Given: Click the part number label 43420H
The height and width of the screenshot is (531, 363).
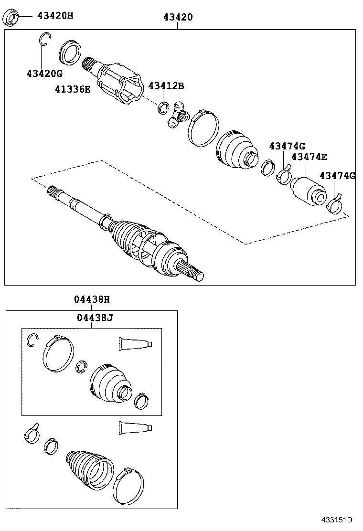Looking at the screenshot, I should (55, 16).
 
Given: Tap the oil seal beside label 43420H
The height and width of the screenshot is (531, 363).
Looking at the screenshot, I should (11, 18).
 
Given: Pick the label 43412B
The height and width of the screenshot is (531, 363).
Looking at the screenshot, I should (166, 85).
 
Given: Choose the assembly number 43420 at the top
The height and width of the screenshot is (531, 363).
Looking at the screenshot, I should (178, 17).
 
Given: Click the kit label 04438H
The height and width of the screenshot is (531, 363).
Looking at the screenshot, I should (92, 299).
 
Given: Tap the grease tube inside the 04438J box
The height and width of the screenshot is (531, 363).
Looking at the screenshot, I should (135, 344).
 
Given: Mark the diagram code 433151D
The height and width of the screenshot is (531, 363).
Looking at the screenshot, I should (336, 520).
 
